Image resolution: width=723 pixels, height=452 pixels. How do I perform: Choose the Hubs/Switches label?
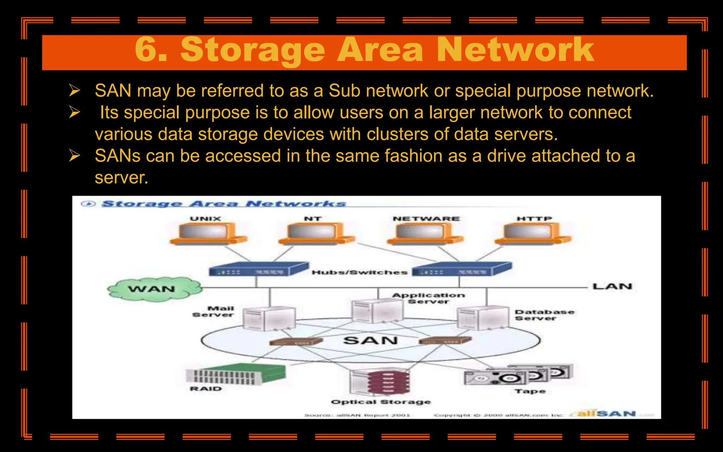click(x=359, y=272)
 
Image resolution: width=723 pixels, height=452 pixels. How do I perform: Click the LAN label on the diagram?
click(x=612, y=286)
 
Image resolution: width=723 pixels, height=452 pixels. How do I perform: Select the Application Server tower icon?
click(x=377, y=311)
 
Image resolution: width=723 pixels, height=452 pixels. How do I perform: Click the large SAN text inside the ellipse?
click(x=371, y=340)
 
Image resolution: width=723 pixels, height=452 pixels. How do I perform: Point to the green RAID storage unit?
click(x=235, y=374)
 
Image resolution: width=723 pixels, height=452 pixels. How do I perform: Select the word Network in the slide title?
click(x=515, y=50)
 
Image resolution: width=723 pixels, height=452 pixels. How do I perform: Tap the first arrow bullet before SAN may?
click(x=74, y=91)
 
